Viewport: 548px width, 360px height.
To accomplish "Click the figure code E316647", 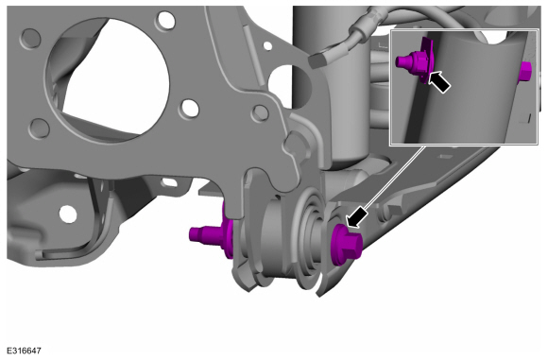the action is point(24,351).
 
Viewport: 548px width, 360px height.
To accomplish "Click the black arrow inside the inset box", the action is point(439,82).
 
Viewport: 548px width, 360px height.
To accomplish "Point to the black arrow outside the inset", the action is point(356,217).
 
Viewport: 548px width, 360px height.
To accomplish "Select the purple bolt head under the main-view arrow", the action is point(346,244).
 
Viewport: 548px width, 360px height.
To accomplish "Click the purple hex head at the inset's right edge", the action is point(523,73).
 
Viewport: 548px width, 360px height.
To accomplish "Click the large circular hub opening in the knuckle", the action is point(108,79).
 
